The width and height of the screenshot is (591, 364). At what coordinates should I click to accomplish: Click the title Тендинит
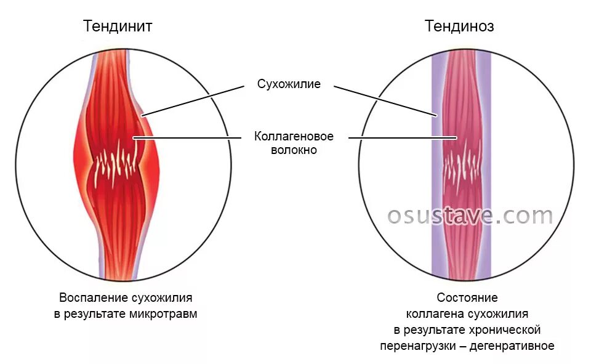(118, 26)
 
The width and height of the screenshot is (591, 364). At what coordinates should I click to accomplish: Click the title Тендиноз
(459, 26)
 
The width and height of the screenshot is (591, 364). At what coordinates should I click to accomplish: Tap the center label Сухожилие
(289, 84)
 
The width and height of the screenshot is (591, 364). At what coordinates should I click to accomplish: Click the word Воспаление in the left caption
(93, 297)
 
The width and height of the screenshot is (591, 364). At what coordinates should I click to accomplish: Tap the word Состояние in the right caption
(467, 298)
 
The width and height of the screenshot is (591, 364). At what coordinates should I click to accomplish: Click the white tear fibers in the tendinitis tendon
(117, 163)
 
